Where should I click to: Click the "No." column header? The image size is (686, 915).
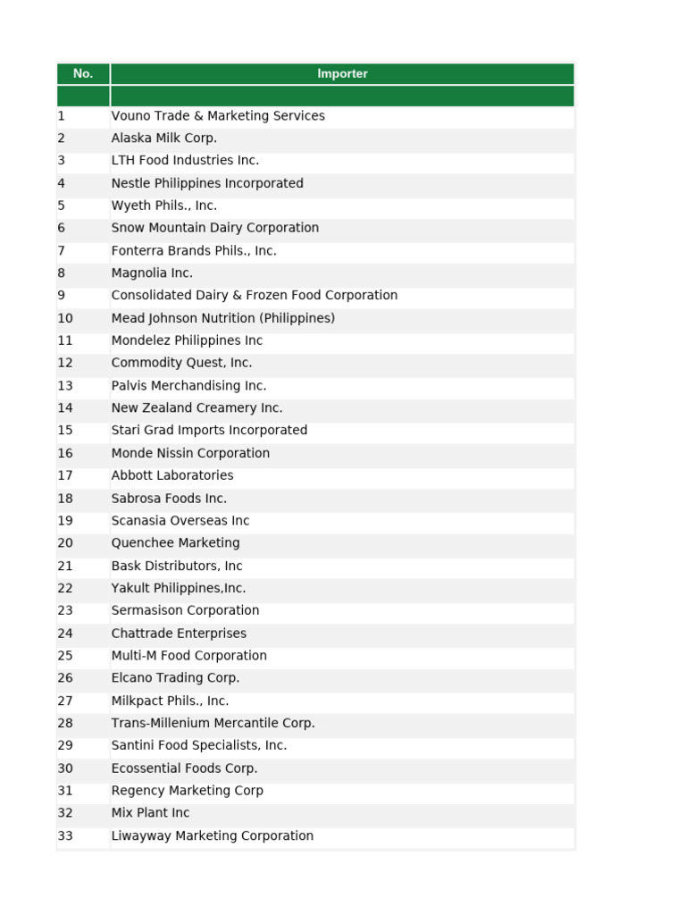click(x=83, y=74)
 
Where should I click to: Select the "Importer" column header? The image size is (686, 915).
click(x=342, y=74)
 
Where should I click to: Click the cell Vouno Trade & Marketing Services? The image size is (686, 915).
click(x=218, y=116)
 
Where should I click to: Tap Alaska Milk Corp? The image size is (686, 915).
click(x=164, y=139)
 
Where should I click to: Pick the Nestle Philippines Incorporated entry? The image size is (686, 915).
click(x=207, y=183)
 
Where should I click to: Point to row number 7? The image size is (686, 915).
click(x=62, y=251)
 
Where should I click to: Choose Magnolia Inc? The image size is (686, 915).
click(x=152, y=273)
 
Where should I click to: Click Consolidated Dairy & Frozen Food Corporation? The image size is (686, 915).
click(x=255, y=296)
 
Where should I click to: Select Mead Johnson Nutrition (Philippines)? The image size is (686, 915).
click(x=223, y=318)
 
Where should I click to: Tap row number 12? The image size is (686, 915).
click(x=65, y=363)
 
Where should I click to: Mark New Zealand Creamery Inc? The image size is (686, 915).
click(x=197, y=408)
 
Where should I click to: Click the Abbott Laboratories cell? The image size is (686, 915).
click(x=172, y=475)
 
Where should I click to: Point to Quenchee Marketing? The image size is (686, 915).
click(x=175, y=543)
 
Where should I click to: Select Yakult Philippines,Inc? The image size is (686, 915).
click(x=179, y=588)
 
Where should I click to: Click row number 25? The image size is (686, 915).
click(x=65, y=656)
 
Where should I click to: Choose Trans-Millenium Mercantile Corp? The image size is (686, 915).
click(x=213, y=723)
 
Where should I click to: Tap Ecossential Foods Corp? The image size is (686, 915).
click(x=184, y=768)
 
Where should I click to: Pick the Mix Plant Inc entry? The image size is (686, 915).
click(x=150, y=813)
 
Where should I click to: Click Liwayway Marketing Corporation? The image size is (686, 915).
click(x=213, y=836)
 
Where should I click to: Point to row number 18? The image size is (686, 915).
click(x=65, y=499)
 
